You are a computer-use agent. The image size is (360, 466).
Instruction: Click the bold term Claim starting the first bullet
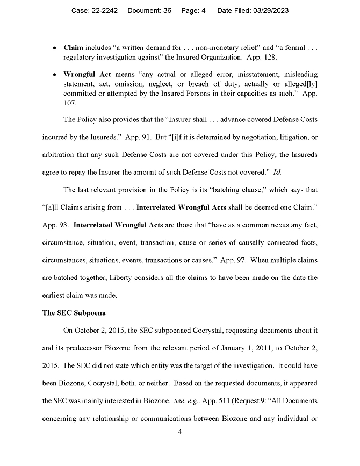[x=73, y=48]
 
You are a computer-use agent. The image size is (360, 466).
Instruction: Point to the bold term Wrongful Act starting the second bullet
[x=88, y=74]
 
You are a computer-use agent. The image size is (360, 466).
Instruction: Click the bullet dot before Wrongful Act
[x=55, y=74]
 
